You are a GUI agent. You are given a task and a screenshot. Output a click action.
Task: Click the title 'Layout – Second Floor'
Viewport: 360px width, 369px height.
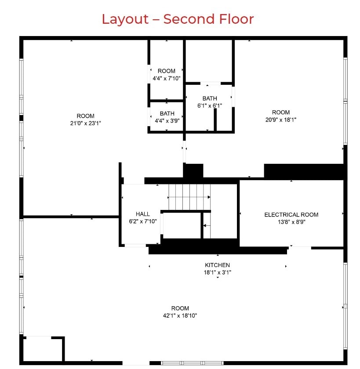pyautogui.click(x=178, y=19)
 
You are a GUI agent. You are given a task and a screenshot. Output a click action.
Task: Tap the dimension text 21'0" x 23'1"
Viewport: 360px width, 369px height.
pyautogui.click(x=85, y=123)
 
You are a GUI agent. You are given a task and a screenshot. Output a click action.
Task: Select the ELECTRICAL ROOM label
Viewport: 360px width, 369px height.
pyautogui.click(x=291, y=214)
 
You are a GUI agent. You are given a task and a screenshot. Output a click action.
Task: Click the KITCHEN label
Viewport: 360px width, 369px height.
pyautogui.click(x=217, y=265)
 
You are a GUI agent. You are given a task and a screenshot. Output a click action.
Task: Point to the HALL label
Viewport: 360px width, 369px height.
pyautogui.click(x=142, y=214)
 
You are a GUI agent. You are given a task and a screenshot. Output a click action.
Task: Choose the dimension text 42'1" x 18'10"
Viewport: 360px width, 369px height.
pyautogui.click(x=180, y=315)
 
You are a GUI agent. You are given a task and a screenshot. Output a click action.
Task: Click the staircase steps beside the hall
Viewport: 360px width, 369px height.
pyautogui.click(x=189, y=197)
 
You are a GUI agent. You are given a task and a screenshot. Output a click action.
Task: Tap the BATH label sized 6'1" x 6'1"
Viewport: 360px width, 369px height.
pyautogui.click(x=210, y=98)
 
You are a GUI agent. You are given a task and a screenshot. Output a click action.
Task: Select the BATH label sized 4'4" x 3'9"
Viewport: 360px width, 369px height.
pyautogui.click(x=167, y=113)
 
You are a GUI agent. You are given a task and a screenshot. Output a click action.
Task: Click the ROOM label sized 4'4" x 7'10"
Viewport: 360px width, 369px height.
pyautogui.click(x=167, y=71)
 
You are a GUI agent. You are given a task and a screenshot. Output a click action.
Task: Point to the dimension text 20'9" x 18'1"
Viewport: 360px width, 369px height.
pyautogui.click(x=280, y=119)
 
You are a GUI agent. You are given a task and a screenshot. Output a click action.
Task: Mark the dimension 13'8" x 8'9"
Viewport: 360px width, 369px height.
pyautogui.click(x=291, y=222)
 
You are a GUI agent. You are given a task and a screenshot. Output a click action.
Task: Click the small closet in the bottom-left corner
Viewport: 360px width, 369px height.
pyautogui.click(x=43, y=349)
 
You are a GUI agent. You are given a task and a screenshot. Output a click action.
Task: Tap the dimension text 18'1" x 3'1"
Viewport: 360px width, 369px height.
pyautogui.click(x=217, y=272)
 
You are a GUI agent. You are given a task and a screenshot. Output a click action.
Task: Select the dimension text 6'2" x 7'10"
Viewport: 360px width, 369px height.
pyautogui.click(x=142, y=221)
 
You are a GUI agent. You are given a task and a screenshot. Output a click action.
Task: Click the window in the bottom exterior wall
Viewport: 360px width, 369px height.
pyautogui.click(x=192, y=363)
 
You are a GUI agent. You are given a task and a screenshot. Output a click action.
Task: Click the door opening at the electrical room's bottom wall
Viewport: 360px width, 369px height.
pyautogui.click(x=300, y=248)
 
